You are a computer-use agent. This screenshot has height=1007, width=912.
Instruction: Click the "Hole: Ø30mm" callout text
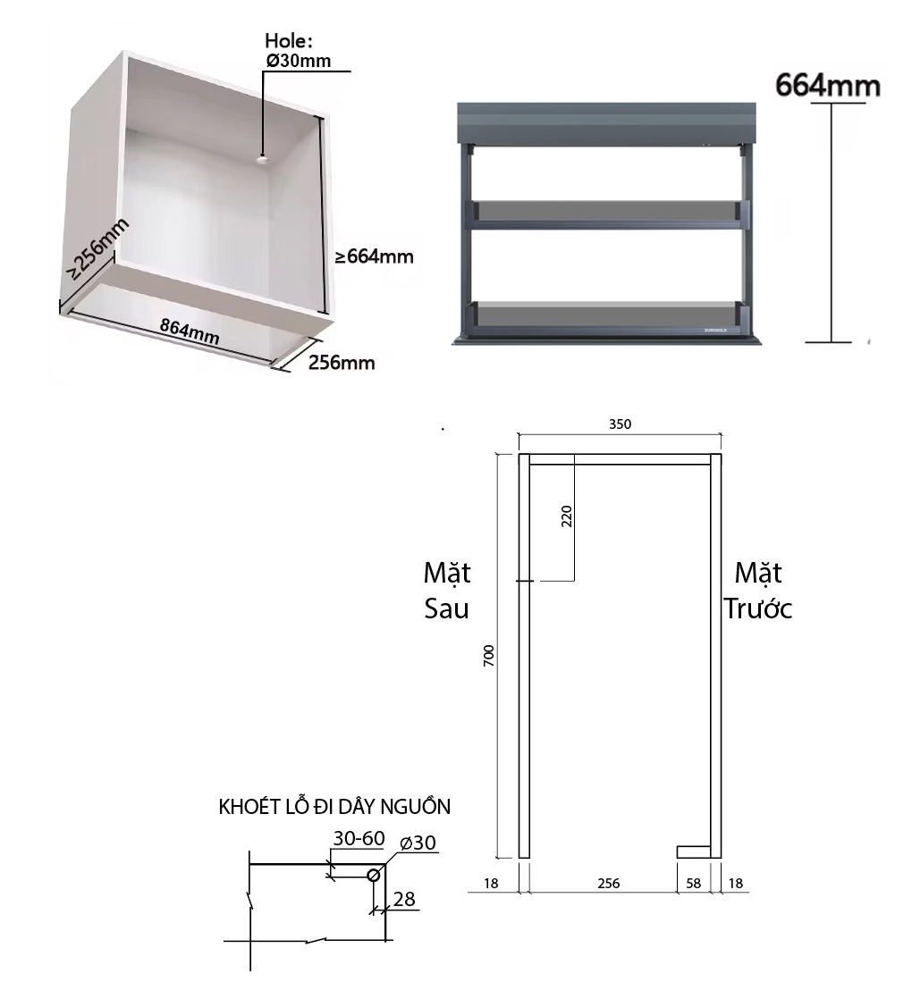point(299,50)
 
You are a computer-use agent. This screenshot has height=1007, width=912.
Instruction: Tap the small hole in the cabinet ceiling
point(262,158)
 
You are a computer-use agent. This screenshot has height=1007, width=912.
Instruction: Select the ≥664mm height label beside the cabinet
point(374,257)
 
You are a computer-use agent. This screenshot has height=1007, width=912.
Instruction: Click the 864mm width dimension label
point(190,331)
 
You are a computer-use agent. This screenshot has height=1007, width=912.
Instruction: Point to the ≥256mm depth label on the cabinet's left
point(98,248)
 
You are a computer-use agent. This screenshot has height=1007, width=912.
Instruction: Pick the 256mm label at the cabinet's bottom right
point(342,363)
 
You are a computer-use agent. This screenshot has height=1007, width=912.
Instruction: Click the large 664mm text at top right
point(828,86)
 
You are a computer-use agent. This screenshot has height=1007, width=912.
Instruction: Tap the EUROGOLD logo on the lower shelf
point(714,329)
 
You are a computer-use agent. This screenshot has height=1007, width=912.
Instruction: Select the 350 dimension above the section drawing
point(620,424)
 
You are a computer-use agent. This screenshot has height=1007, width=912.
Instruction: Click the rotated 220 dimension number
point(566,516)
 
